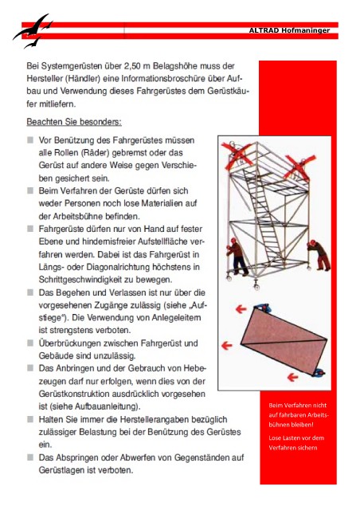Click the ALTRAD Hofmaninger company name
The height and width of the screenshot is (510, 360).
289,30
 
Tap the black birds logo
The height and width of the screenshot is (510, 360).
32,31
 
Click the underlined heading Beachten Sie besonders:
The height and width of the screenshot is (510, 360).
74,122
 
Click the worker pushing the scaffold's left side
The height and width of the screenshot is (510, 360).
237,257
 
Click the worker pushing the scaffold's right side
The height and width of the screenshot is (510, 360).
319,255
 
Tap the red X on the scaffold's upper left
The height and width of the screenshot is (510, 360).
236,156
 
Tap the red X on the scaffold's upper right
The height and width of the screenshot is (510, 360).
299,168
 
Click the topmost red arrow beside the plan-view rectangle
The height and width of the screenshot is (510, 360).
241,309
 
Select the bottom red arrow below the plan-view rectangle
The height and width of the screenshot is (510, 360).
292,377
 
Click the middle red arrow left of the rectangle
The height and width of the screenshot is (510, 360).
227,345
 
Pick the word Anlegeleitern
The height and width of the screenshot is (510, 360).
180,317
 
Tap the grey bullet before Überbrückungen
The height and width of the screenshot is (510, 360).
30,343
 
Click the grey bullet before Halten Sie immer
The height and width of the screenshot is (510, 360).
30,419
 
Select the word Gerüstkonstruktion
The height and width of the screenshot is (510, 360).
74,394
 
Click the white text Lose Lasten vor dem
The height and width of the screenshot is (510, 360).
296,437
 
